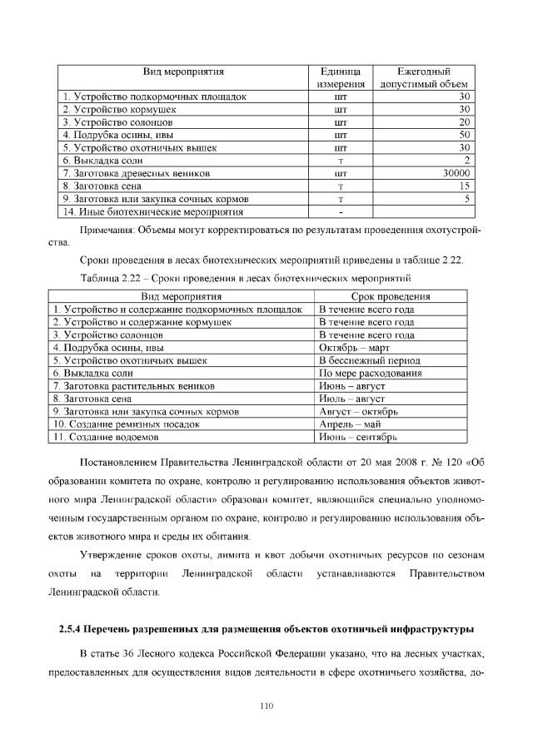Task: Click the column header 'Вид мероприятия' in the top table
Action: pyautogui.click(x=182, y=72)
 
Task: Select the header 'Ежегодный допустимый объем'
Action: pyautogui.click(x=424, y=77)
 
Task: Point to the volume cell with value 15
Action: pyautogui.click(x=466, y=186)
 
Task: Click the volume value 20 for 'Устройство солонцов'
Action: pyautogui.click(x=465, y=121)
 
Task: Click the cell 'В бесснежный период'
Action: pyautogui.click(x=369, y=360)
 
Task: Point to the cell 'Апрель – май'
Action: pyautogui.click(x=350, y=424)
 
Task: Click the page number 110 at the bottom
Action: pyautogui.click(x=266, y=706)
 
